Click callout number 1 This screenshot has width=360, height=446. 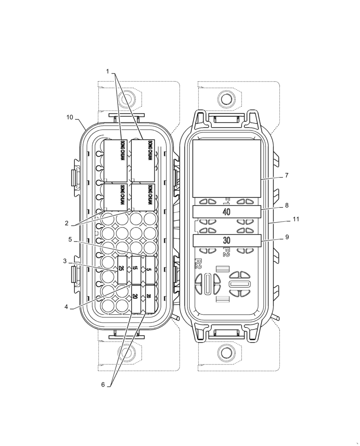point(107,71)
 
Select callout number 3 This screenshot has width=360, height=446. point(65,261)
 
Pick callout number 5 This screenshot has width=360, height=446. point(70,240)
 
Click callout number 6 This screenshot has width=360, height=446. point(103,384)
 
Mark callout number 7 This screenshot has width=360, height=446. point(286,175)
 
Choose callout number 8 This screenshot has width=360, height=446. point(286,206)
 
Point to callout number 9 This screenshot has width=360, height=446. point(286,237)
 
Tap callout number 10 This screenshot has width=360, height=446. point(70,117)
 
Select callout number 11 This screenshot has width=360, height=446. point(296,219)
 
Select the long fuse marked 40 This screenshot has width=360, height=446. point(226,212)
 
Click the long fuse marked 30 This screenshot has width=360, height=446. point(226,240)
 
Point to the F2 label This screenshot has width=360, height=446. point(226,252)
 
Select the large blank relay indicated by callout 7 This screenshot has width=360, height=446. point(226,168)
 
